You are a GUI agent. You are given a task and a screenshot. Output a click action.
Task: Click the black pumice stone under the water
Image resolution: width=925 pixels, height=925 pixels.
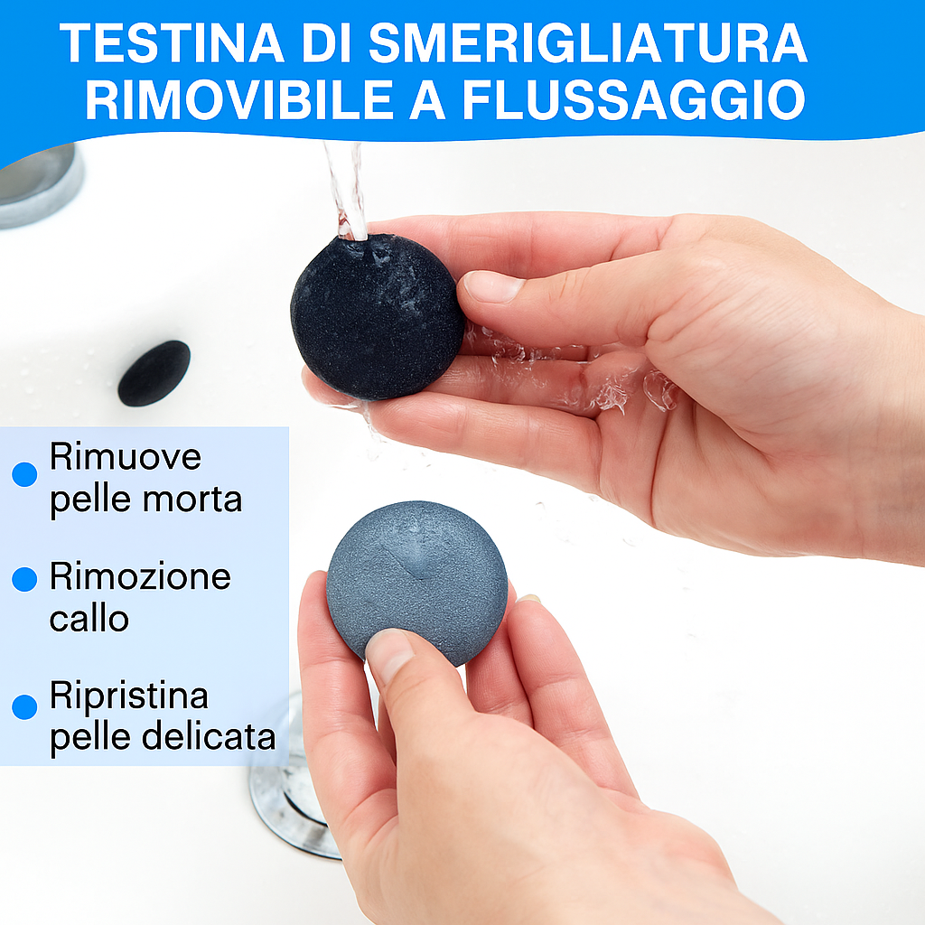377,316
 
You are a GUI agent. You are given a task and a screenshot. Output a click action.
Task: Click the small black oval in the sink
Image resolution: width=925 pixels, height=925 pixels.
154,372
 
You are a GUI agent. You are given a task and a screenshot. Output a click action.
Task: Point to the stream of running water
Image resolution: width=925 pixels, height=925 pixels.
347,190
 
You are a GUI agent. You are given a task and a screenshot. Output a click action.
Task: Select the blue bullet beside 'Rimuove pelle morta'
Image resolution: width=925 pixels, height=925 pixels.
24,473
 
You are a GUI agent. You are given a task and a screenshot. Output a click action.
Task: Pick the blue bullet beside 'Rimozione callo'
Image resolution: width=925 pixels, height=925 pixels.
24,579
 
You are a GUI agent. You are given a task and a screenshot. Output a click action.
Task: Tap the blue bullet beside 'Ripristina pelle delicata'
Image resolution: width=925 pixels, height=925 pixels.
24,706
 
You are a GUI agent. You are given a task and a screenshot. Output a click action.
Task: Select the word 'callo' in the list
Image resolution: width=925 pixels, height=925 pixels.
89,619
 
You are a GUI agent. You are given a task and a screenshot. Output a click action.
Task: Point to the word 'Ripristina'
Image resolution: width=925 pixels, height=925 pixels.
128,696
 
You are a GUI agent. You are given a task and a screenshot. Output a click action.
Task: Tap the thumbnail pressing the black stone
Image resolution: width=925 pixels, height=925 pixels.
492,287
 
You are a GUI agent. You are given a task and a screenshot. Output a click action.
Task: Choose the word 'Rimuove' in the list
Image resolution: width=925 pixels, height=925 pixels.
125,457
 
